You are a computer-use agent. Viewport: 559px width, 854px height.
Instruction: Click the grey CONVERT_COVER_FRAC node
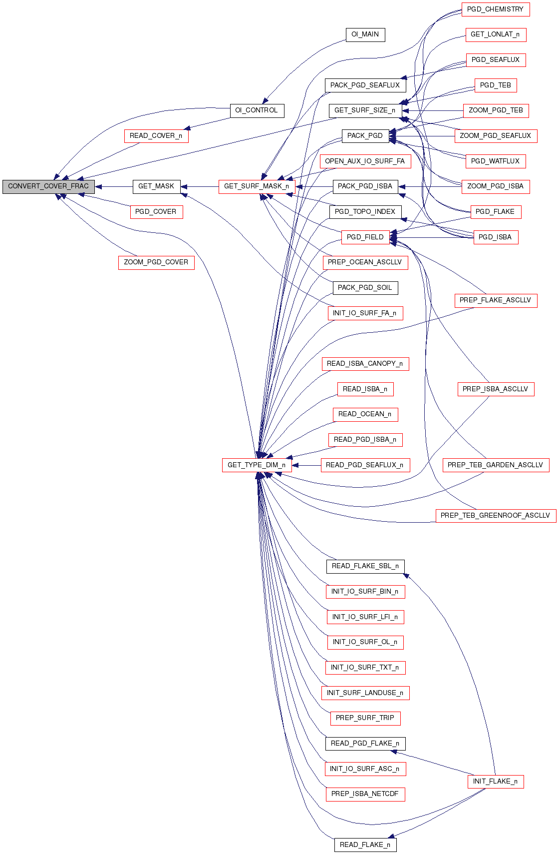tap(48, 186)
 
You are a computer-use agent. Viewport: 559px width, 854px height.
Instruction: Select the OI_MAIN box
tap(365, 34)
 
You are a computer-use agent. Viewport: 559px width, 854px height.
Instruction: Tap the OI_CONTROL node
tap(257, 110)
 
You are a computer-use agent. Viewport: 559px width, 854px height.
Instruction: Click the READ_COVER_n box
tap(156, 136)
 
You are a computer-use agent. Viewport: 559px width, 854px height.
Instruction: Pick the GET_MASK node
tap(156, 186)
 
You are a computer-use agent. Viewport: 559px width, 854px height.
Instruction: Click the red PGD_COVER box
tap(156, 212)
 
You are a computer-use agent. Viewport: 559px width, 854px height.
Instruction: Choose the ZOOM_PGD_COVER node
tap(156, 262)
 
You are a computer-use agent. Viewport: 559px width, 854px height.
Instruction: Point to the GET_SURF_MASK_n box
tap(257, 186)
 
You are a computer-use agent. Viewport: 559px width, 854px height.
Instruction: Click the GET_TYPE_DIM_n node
tap(257, 465)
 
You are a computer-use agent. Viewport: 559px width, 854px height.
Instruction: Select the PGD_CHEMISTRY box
tap(495, 9)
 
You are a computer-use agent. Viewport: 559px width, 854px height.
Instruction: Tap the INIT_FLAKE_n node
tap(495, 782)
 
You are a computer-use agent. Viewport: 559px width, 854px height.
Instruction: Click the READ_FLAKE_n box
tap(365, 845)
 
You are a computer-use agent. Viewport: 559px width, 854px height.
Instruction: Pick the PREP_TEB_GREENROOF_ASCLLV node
tap(495, 516)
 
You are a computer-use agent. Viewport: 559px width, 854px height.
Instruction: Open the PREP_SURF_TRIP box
tap(365, 718)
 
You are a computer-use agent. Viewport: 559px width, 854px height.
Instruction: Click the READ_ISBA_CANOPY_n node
tap(365, 364)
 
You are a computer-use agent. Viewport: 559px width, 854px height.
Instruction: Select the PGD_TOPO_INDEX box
tap(365, 212)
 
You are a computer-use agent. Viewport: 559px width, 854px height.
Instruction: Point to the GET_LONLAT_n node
tap(495, 34)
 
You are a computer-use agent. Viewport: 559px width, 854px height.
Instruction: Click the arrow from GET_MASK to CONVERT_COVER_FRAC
tap(114, 187)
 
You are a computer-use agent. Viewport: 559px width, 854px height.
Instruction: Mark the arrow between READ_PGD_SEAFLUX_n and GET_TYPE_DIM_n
tap(306, 465)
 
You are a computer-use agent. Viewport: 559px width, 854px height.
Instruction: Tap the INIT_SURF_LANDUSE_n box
tap(365, 693)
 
